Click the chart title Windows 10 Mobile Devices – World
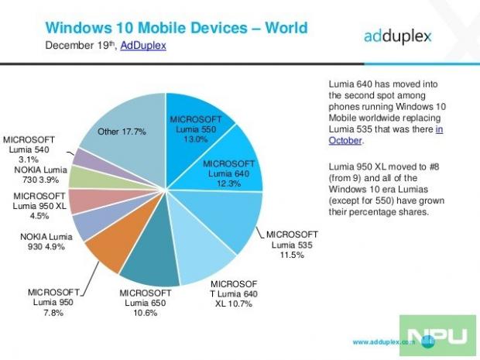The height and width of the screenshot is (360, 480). click(x=177, y=29)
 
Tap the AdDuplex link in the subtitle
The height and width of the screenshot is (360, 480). click(x=143, y=46)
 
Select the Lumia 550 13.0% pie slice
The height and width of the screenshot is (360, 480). click(x=201, y=124)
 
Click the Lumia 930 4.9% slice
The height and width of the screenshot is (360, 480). click(x=94, y=224)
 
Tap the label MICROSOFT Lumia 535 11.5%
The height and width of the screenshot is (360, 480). click(x=292, y=243)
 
